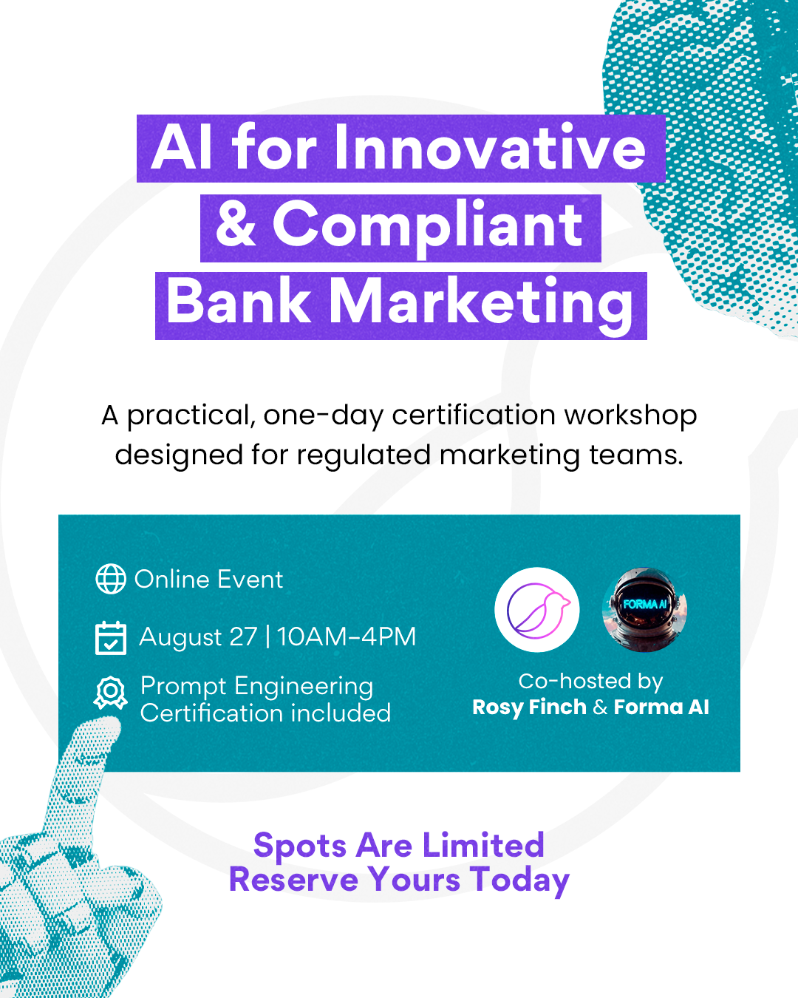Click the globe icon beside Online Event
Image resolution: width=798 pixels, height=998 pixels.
tap(110, 579)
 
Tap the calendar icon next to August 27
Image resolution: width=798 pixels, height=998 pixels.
tap(110, 638)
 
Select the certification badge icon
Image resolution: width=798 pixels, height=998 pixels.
tap(110, 693)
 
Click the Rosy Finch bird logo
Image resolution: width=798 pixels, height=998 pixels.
tap(537, 609)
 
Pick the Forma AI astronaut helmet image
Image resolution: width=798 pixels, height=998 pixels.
tap(644, 609)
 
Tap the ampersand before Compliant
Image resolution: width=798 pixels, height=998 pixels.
tap(236, 225)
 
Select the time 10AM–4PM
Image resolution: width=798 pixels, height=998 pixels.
tap(347, 637)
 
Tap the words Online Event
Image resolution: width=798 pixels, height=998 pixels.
tap(208, 580)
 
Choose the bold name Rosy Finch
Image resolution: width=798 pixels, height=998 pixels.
tap(530, 707)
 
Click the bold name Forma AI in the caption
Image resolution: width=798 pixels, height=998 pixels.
tap(661, 707)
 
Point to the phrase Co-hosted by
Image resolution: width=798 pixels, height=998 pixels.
tap(590, 682)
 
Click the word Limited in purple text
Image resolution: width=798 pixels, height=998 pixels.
tap(483, 846)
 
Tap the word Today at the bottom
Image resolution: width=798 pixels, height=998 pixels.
tap(519, 881)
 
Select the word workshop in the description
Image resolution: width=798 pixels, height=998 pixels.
tap(630, 415)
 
